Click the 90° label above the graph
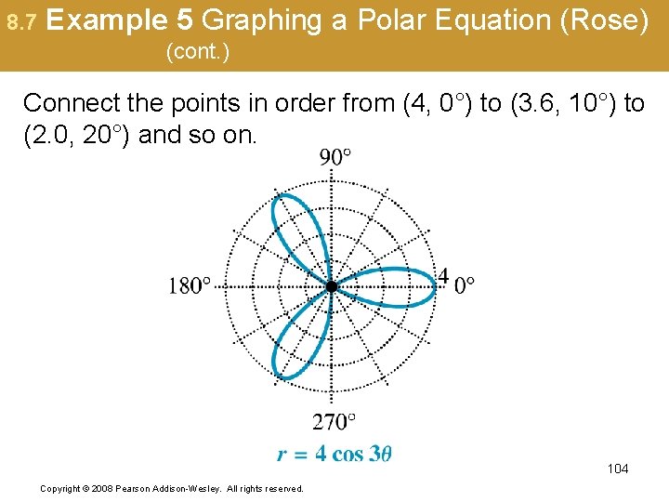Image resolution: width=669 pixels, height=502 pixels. click(x=335, y=156)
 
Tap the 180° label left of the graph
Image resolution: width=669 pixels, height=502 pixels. click(x=190, y=285)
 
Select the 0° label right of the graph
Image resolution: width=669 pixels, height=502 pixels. click(x=465, y=285)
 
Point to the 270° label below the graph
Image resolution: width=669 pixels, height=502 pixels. click(x=334, y=423)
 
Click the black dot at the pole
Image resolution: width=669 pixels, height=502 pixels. click(x=332, y=286)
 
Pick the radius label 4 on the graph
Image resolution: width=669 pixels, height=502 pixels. click(x=443, y=276)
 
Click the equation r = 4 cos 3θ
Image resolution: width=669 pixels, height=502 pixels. click(x=334, y=454)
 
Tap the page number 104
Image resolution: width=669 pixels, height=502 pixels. click(x=618, y=469)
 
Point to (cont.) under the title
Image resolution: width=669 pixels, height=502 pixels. click(x=197, y=52)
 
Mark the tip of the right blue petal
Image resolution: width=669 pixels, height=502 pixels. click(x=436, y=284)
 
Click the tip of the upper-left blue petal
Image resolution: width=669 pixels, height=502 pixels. click(x=275, y=195)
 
